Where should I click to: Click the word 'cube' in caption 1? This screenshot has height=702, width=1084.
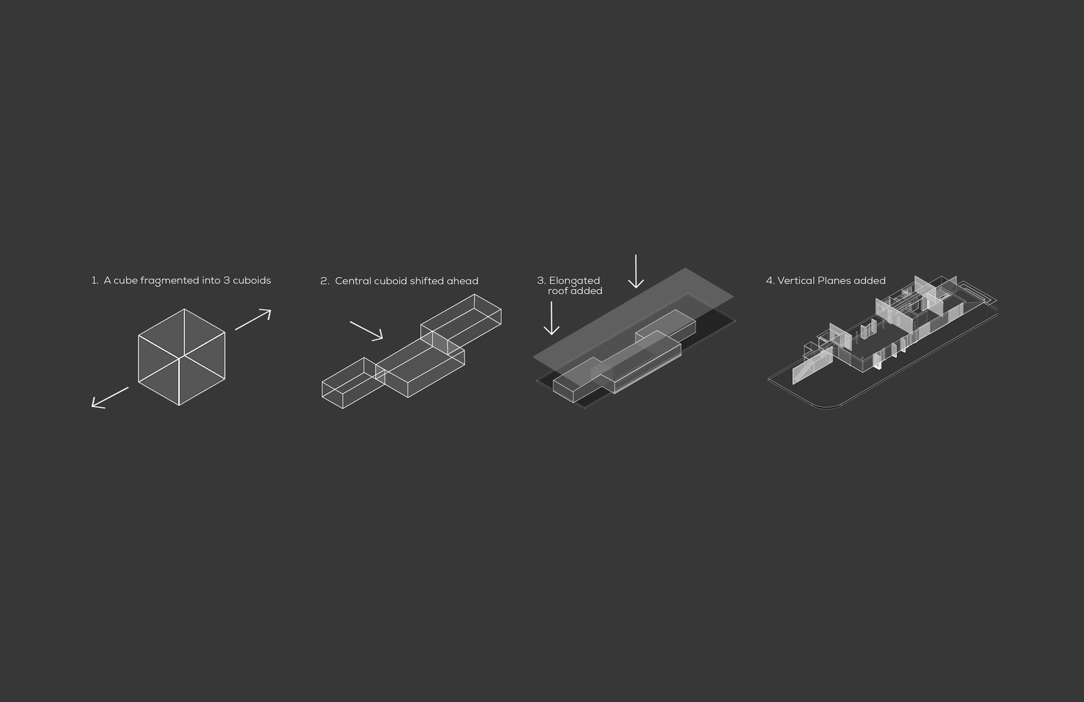coord(126,280)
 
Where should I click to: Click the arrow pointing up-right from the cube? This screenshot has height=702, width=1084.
coord(253,319)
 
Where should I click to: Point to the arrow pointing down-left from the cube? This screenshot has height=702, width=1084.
coord(110,397)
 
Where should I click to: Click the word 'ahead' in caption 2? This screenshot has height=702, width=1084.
coord(464,281)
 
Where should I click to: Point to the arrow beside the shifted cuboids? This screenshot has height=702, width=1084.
coord(366,330)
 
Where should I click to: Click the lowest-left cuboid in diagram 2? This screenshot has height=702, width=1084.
coord(354,383)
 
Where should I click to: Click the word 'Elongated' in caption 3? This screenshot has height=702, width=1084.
coord(575,281)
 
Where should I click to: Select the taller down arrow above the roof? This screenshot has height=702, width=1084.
coord(636,271)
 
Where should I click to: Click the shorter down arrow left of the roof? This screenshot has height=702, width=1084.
coord(551,318)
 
